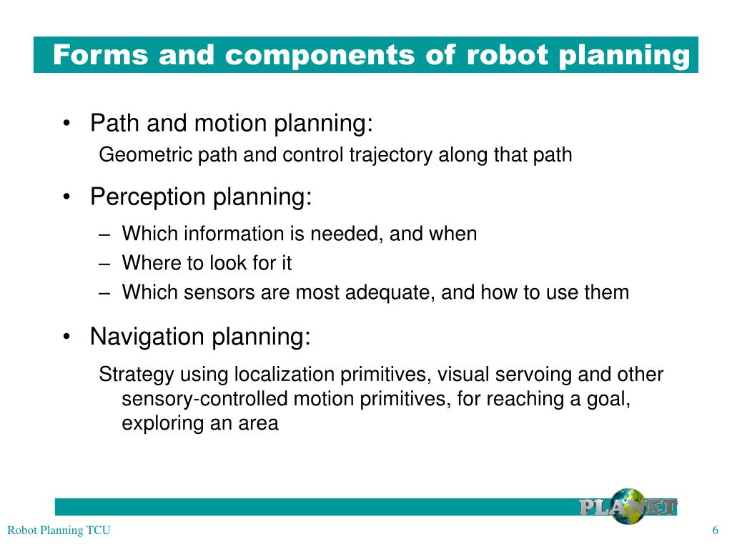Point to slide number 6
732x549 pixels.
click(715, 530)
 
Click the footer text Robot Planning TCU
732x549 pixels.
click(59, 530)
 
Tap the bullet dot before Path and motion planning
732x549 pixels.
click(66, 124)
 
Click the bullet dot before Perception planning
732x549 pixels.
click(66, 197)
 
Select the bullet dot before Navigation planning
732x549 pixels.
click(66, 337)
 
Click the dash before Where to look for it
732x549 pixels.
click(104, 263)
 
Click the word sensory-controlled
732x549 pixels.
click(204, 399)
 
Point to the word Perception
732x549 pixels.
click(148, 197)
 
